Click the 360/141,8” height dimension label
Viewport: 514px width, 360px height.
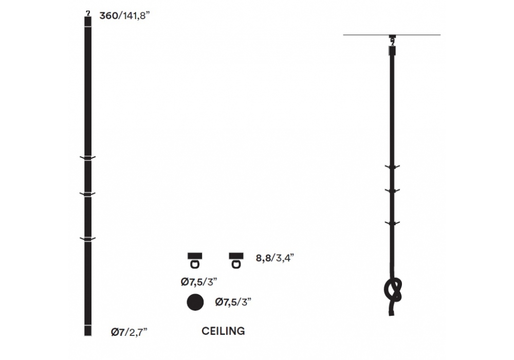coord(124,15)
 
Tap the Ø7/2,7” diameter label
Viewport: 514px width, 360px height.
coord(129,332)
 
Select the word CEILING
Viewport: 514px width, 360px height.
coord(223,331)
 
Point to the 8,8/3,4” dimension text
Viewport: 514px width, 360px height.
coord(274,258)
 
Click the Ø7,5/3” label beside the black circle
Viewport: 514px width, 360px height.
coord(233,302)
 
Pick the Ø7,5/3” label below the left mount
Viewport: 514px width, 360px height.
coord(199,282)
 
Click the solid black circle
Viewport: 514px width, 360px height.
coord(195,302)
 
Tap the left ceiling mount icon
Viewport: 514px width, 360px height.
coord(195,260)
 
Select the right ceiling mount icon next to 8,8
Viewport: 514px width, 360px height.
coord(236,260)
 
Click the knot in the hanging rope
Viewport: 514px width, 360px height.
coord(393,290)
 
